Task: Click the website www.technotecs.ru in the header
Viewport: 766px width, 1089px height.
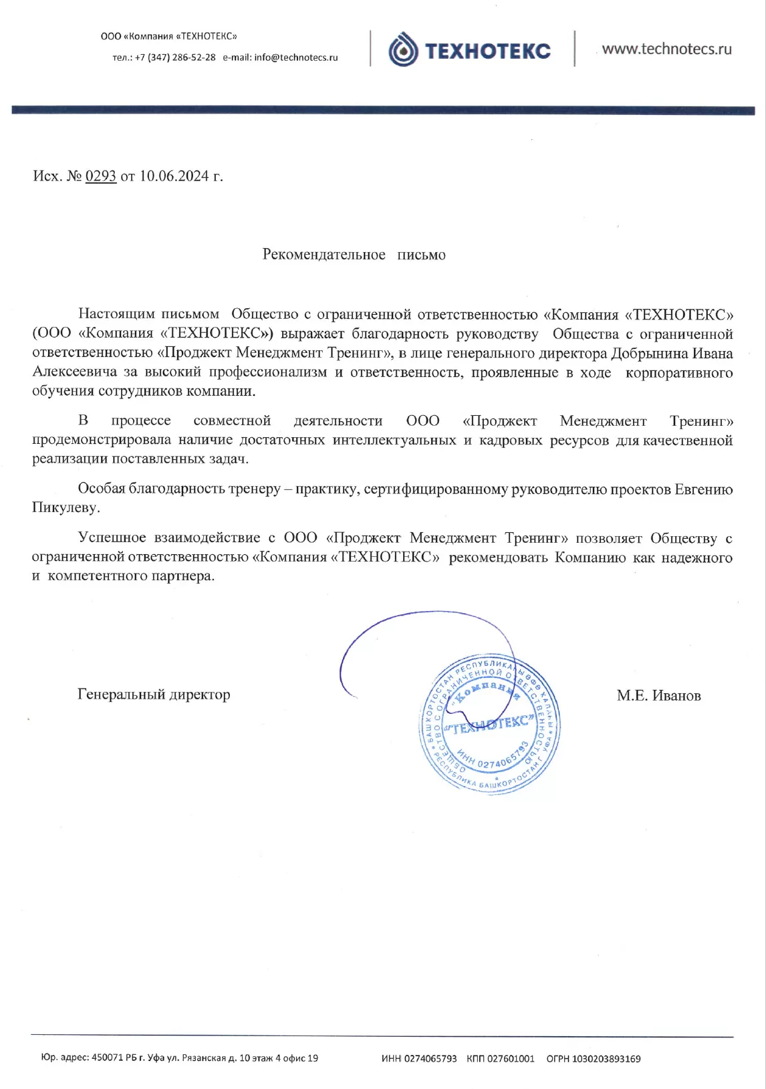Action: point(666,49)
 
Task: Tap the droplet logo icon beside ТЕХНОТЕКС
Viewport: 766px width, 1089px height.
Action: point(403,50)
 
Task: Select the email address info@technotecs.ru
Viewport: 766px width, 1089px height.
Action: point(296,57)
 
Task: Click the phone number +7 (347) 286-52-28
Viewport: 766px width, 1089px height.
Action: point(175,57)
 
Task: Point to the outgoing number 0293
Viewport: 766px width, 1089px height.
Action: point(101,176)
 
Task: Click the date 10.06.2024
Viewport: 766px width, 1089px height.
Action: point(174,176)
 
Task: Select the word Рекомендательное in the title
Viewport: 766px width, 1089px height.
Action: point(324,255)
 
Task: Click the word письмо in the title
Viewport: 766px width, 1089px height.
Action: point(421,255)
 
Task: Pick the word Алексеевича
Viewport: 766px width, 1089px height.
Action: point(75,372)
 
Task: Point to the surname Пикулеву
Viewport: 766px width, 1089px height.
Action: point(66,508)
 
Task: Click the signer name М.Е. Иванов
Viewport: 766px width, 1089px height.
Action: point(658,696)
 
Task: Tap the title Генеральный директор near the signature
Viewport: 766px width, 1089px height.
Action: point(154,695)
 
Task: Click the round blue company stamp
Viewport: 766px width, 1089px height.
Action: point(489,724)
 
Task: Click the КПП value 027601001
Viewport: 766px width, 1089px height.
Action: point(510,1059)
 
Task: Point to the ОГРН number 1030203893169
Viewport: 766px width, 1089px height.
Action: point(606,1059)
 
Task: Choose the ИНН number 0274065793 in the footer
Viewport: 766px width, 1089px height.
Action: point(430,1059)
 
